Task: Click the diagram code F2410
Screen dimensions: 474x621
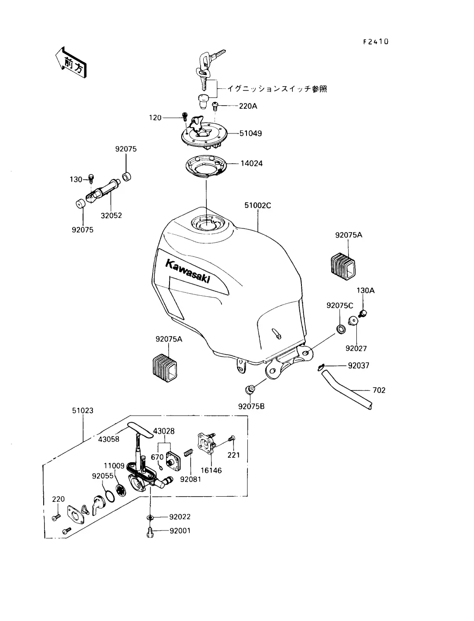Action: point(376,42)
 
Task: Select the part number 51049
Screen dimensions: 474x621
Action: point(250,133)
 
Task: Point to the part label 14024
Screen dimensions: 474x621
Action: point(251,164)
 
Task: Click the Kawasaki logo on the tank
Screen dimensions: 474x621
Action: point(188,271)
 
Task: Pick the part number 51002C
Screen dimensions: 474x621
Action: point(258,205)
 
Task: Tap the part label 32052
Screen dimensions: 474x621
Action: point(111,216)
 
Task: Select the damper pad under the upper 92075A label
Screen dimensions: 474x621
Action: point(343,266)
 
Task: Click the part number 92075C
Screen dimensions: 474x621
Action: point(340,306)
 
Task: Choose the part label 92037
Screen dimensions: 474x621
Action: point(359,365)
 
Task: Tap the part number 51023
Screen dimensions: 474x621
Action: point(83,411)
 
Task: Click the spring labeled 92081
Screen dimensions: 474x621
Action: point(189,453)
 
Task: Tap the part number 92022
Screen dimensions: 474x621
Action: point(180,517)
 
